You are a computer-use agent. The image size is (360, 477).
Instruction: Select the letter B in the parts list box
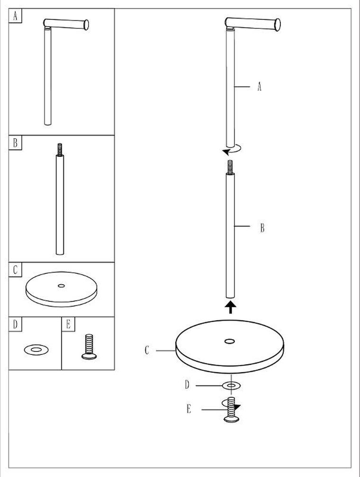15,143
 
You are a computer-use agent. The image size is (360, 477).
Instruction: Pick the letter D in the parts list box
15,324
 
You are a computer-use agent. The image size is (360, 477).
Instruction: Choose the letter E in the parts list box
69,324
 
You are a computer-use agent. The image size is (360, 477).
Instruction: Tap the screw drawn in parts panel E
89,347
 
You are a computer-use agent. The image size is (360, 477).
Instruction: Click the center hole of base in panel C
62,286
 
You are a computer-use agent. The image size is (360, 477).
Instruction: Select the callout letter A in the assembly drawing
259,87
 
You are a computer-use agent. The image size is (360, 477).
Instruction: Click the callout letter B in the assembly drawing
262,228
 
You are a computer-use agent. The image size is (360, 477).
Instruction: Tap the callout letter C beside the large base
147,351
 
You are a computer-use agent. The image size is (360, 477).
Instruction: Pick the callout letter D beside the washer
187,385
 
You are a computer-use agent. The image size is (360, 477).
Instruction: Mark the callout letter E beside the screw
189,409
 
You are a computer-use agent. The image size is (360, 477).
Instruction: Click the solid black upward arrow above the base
231,307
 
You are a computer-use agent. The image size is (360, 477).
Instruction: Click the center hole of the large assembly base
229,342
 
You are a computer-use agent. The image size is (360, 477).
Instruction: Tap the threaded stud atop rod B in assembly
230,167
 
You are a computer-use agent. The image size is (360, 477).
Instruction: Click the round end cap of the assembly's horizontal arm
277,25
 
